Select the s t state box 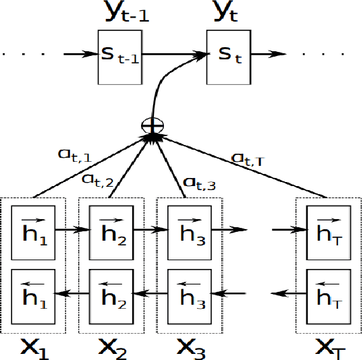point(228,57)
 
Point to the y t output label point(228,13)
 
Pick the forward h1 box point(33,230)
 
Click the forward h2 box point(111,230)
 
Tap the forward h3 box point(189,230)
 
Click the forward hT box point(327,230)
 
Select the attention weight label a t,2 point(97,179)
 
